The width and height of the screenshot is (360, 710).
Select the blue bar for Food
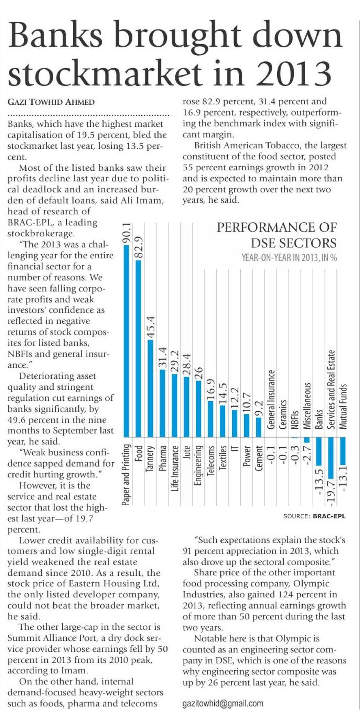(x=138, y=348)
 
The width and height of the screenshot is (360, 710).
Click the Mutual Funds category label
(x=343, y=406)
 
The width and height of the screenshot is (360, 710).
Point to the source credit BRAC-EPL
(x=329, y=516)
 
